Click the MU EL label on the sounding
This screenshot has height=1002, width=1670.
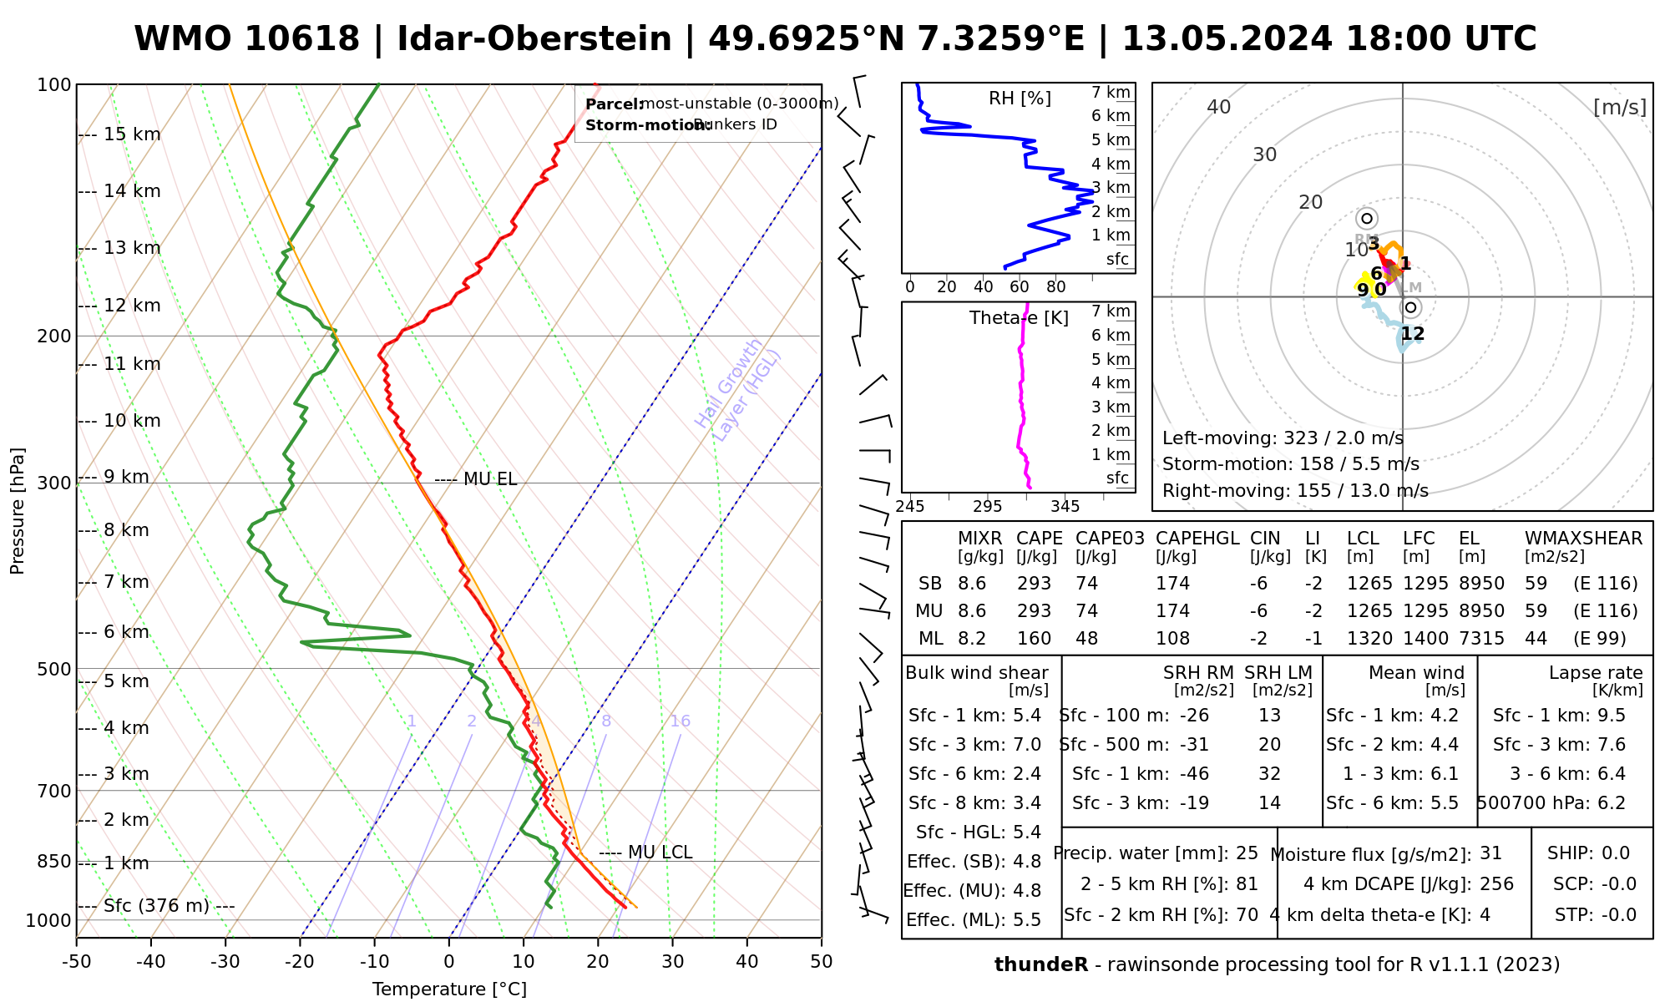pyautogui.click(x=489, y=479)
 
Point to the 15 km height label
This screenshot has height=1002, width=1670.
pyautogui.click(x=132, y=134)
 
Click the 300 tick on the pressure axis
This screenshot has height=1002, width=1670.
pyautogui.click(x=54, y=483)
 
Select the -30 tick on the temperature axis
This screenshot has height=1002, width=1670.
pyautogui.click(x=225, y=962)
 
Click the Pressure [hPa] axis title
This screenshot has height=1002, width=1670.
pyautogui.click(x=18, y=511)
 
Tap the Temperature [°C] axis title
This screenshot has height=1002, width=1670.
pyautogui.click(x=449, y=989)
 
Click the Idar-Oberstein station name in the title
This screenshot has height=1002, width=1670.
pyautogui.click(x=534, y=39)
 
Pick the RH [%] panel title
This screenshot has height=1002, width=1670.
pyautogui.click(x=1020, y=99)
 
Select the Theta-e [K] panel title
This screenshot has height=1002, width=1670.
pyautogui.click(x=1019, y=318)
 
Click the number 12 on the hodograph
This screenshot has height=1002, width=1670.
pyautogui.click(x=1412, y=334)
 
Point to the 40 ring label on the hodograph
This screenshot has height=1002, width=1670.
pyautogui.click(x=1219, y=107)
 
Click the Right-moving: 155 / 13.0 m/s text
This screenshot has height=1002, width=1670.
pyautogui.click(x=1295, y=490)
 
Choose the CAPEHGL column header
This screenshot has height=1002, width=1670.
pyautogui.click(x=1197, y=539)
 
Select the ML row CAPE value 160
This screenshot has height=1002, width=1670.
pyautogui.click(x=1034, y=639)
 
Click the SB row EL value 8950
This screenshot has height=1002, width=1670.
pyautogui.click(x=1481, y=584)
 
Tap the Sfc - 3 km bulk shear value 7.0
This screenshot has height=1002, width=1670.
pyautogui.click(x=1026, y=745)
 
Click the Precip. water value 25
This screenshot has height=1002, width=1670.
pyautogui.click(x=1247, y=853)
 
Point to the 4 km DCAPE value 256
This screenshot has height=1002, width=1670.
pyautogui.click(x=1496, y=884)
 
